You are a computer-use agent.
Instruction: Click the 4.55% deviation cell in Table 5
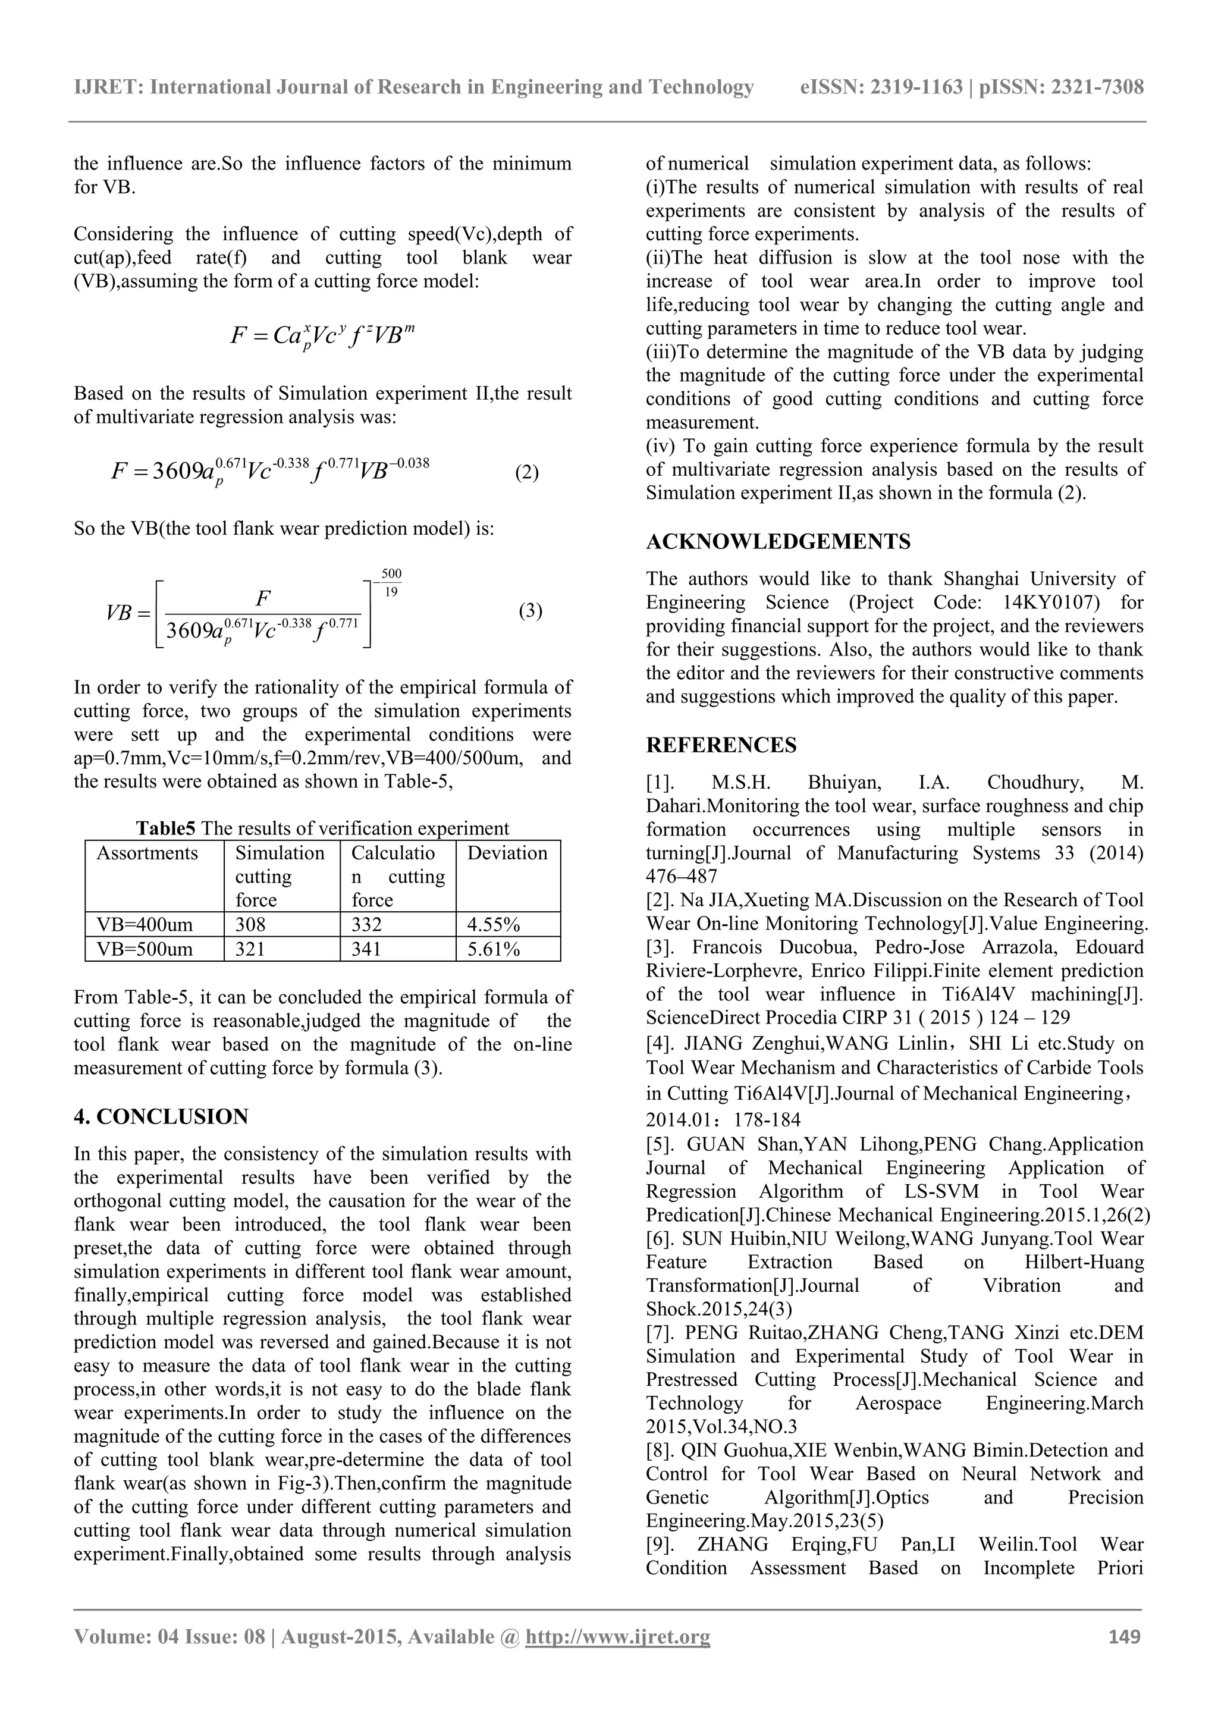pos(493,924)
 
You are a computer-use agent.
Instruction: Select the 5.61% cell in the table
pos(493,949)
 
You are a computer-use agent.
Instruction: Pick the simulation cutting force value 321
pos(250,949)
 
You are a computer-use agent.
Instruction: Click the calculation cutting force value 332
pos(366,924)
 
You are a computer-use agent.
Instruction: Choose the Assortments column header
pos(147,853)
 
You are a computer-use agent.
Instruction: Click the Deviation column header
pos(507,853)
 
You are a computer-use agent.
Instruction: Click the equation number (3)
pos(530,611)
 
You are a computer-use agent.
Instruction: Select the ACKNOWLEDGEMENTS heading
pos(778,542)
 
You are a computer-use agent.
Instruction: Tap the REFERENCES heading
pos(721,745)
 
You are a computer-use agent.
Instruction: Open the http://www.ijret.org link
pos(618,1658)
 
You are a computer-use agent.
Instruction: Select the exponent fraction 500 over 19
pos(391,583)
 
